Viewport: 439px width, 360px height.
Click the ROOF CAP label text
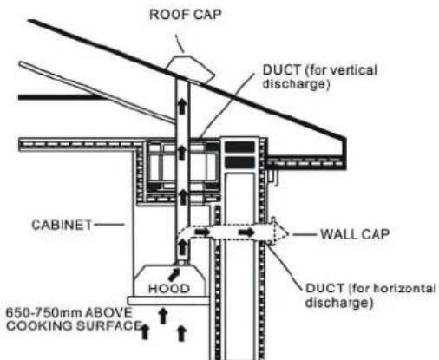186,15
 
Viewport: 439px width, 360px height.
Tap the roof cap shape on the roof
190,69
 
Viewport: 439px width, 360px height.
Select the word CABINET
62,225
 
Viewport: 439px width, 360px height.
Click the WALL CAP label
355,234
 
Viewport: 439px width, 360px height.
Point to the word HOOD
169,289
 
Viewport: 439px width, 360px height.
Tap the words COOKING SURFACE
75,325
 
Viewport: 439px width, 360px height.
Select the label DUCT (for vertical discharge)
320,77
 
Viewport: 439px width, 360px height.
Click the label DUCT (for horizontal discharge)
370,295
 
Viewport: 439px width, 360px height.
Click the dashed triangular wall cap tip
288,233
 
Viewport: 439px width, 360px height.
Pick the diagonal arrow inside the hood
174,274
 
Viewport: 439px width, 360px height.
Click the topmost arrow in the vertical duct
181,106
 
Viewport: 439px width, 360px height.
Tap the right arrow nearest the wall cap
246,232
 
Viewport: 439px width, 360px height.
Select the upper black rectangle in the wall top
239,147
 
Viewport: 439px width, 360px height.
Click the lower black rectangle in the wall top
239,162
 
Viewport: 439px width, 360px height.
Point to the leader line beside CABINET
109,224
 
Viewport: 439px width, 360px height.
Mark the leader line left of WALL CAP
305,234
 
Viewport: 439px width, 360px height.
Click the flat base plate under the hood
168,300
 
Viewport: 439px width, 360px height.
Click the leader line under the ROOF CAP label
180,43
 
